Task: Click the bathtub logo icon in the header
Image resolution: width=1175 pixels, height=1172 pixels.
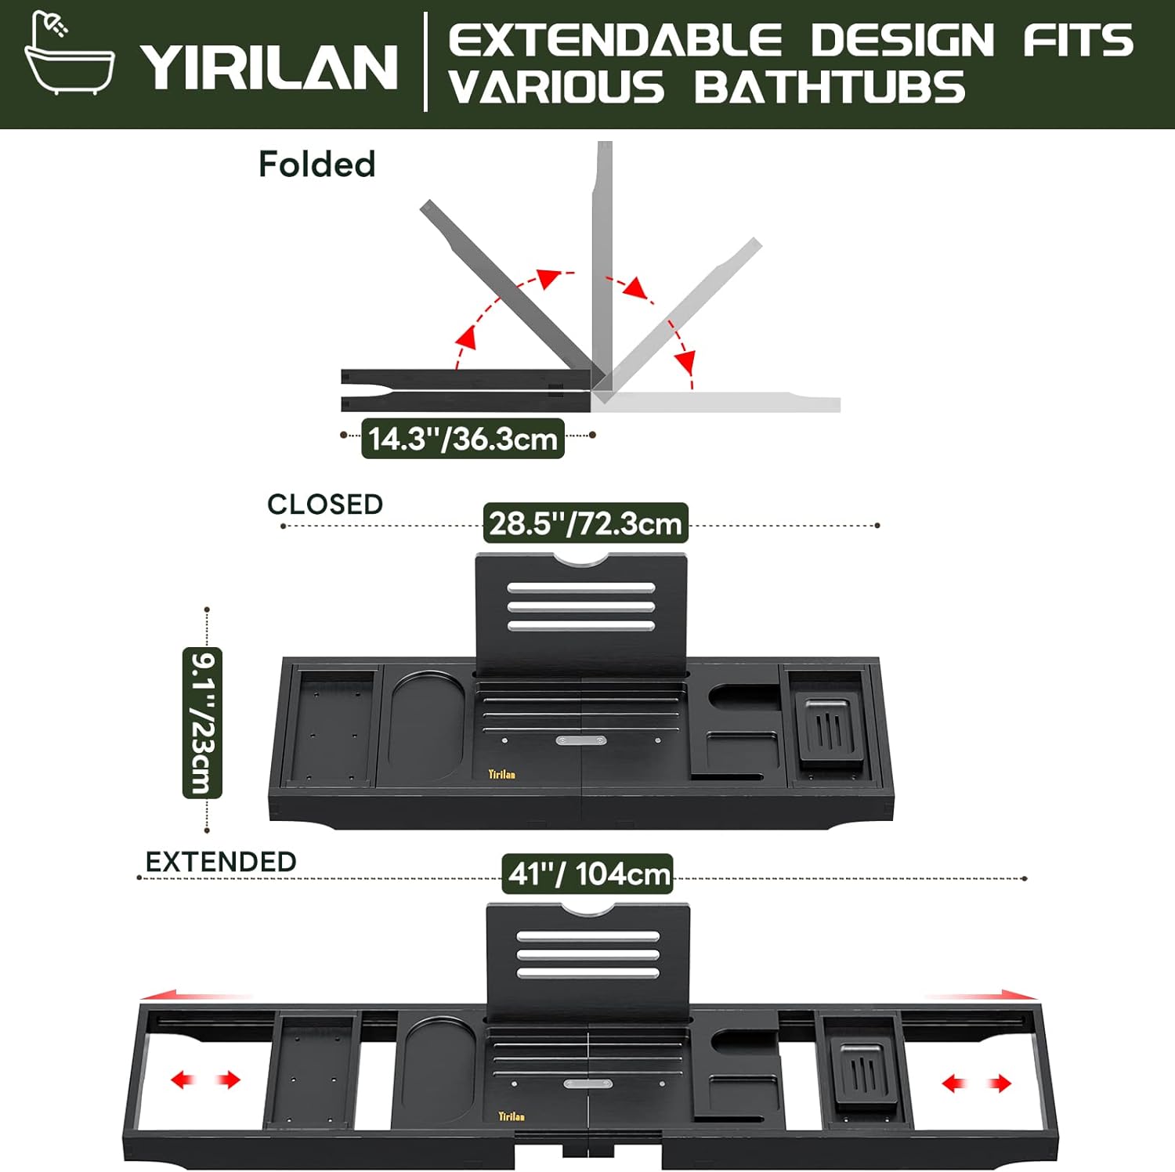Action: [70, 53]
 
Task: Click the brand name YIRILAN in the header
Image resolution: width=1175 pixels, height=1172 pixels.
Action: [269, 67]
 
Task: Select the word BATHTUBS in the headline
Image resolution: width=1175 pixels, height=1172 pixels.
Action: [830, 87]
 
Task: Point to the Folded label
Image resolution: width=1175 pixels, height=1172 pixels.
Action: [317, 165]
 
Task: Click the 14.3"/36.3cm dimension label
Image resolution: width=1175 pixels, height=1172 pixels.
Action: [463, 439]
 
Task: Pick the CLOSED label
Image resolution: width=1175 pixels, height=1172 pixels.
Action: [325, 504]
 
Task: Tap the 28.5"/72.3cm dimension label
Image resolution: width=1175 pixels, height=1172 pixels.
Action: [586, 523]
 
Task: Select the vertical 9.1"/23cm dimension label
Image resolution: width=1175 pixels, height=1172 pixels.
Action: [202, 722]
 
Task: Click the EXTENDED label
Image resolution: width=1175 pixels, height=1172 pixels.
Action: [221, 862]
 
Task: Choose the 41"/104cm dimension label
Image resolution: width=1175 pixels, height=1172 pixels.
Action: [588, 874]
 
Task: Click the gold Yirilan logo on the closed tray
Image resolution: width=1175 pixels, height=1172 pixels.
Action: [502, 774]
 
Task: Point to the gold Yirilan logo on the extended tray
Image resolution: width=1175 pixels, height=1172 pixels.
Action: [512, 1116]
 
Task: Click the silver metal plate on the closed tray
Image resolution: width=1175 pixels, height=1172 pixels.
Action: [581, 740]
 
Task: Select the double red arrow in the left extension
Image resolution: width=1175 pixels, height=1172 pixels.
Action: [205, 1080]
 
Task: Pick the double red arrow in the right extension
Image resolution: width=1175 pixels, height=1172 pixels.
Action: [977, 1083]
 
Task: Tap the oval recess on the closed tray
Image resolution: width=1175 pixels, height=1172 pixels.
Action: [427, 726]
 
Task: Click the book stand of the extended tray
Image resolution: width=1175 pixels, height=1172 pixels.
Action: [588, 964]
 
